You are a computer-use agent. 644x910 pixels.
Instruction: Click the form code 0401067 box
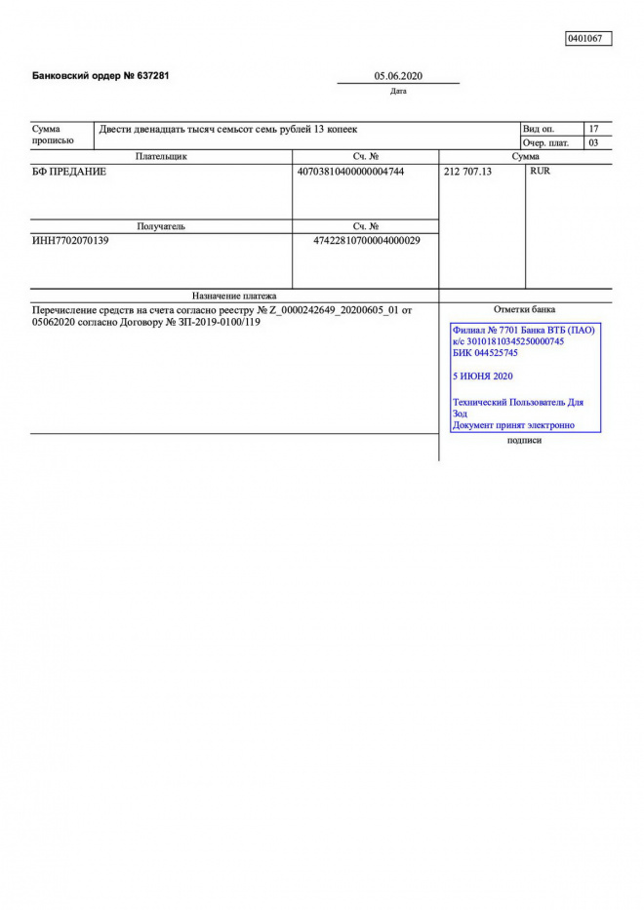click(x=588, y=38)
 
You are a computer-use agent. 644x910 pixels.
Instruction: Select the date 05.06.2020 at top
click(x=398, y=76)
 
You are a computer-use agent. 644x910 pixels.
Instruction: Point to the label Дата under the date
click(x=398, y=92)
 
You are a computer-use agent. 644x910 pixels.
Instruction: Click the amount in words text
click(x=228, y=129)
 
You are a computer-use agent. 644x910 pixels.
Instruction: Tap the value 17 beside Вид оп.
click(x=593, y=129)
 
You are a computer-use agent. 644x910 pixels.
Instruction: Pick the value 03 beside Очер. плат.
click(x=593, y=143)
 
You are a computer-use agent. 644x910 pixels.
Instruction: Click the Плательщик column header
click(x=161, y=156)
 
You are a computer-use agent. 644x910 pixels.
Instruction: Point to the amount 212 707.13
click(x=468, y=172)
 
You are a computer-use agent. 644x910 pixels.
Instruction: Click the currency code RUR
click(x=540, y=172)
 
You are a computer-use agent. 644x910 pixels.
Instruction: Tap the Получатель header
click(x=161, y=226)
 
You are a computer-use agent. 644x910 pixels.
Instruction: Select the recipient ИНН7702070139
click(x=70, y=241)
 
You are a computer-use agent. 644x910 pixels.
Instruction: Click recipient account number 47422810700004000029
click(x=366, y=241)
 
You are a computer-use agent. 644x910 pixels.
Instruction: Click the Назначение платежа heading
click(x=234, y=296)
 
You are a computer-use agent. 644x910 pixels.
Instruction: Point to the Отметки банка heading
click(x=524, y=309)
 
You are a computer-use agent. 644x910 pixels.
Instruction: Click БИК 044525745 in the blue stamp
click(x=485, y=353)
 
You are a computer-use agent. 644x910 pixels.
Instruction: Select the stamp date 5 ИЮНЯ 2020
click(x=482, y=376)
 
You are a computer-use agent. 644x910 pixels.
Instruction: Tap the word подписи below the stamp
click(x=524, y=441)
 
